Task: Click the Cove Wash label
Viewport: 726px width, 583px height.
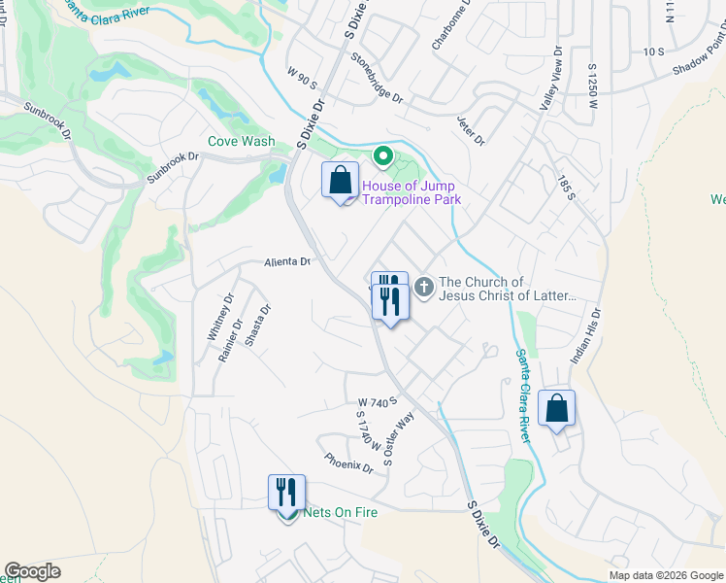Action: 242,141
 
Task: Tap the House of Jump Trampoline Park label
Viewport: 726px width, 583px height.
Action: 410,192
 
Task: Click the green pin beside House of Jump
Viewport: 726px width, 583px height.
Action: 383,156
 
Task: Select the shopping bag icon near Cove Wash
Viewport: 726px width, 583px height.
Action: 340,182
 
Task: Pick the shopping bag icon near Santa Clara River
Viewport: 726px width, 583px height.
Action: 557,410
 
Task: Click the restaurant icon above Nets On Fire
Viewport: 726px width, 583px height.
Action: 286,492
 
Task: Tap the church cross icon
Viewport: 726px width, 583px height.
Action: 424,288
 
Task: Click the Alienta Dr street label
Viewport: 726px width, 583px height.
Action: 286,262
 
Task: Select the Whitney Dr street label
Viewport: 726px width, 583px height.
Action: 218,317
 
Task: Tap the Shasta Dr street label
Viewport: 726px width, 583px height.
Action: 257,327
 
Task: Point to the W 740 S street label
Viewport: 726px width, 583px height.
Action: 378,401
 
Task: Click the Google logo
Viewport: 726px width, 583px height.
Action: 33,571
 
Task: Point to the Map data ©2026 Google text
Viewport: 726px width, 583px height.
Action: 666,575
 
